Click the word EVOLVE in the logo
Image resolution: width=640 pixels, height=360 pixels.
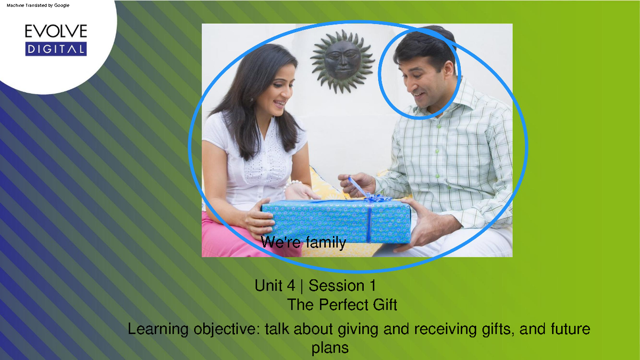tap(55, 31)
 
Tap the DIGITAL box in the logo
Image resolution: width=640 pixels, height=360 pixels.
tap(55, 50)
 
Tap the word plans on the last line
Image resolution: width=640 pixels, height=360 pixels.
tap(330, 348)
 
